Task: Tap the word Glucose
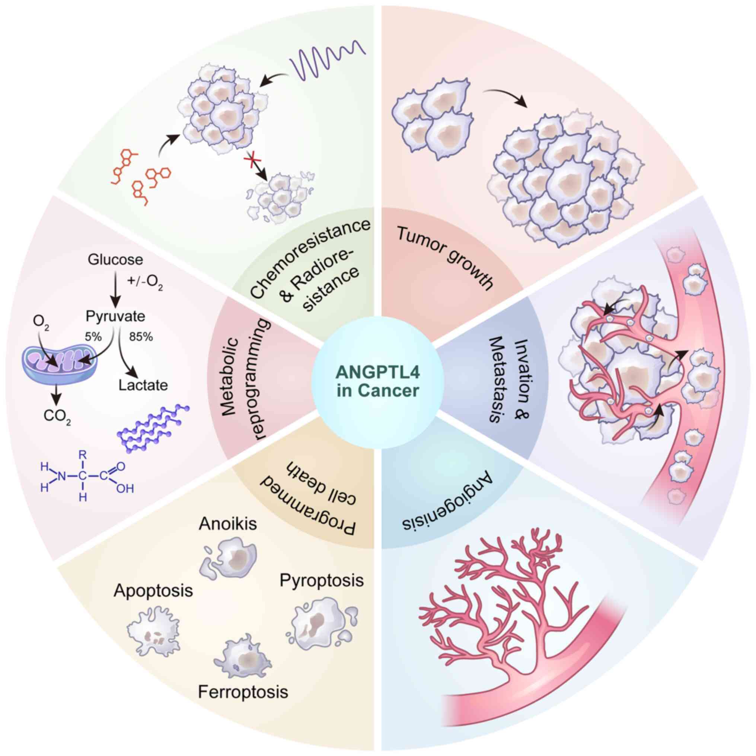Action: (x=115, y=259)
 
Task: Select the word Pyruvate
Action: (x=115, y=316)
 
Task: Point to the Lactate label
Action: (x=143, y=385)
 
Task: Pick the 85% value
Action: (x=141, y=336)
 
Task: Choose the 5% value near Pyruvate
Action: (x=93, y=336)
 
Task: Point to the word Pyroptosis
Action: (x=322, y=580)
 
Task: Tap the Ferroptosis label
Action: (x=243, y=692)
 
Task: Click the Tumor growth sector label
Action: (x=444, y=258)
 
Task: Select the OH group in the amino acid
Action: (x=125, y=489)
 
